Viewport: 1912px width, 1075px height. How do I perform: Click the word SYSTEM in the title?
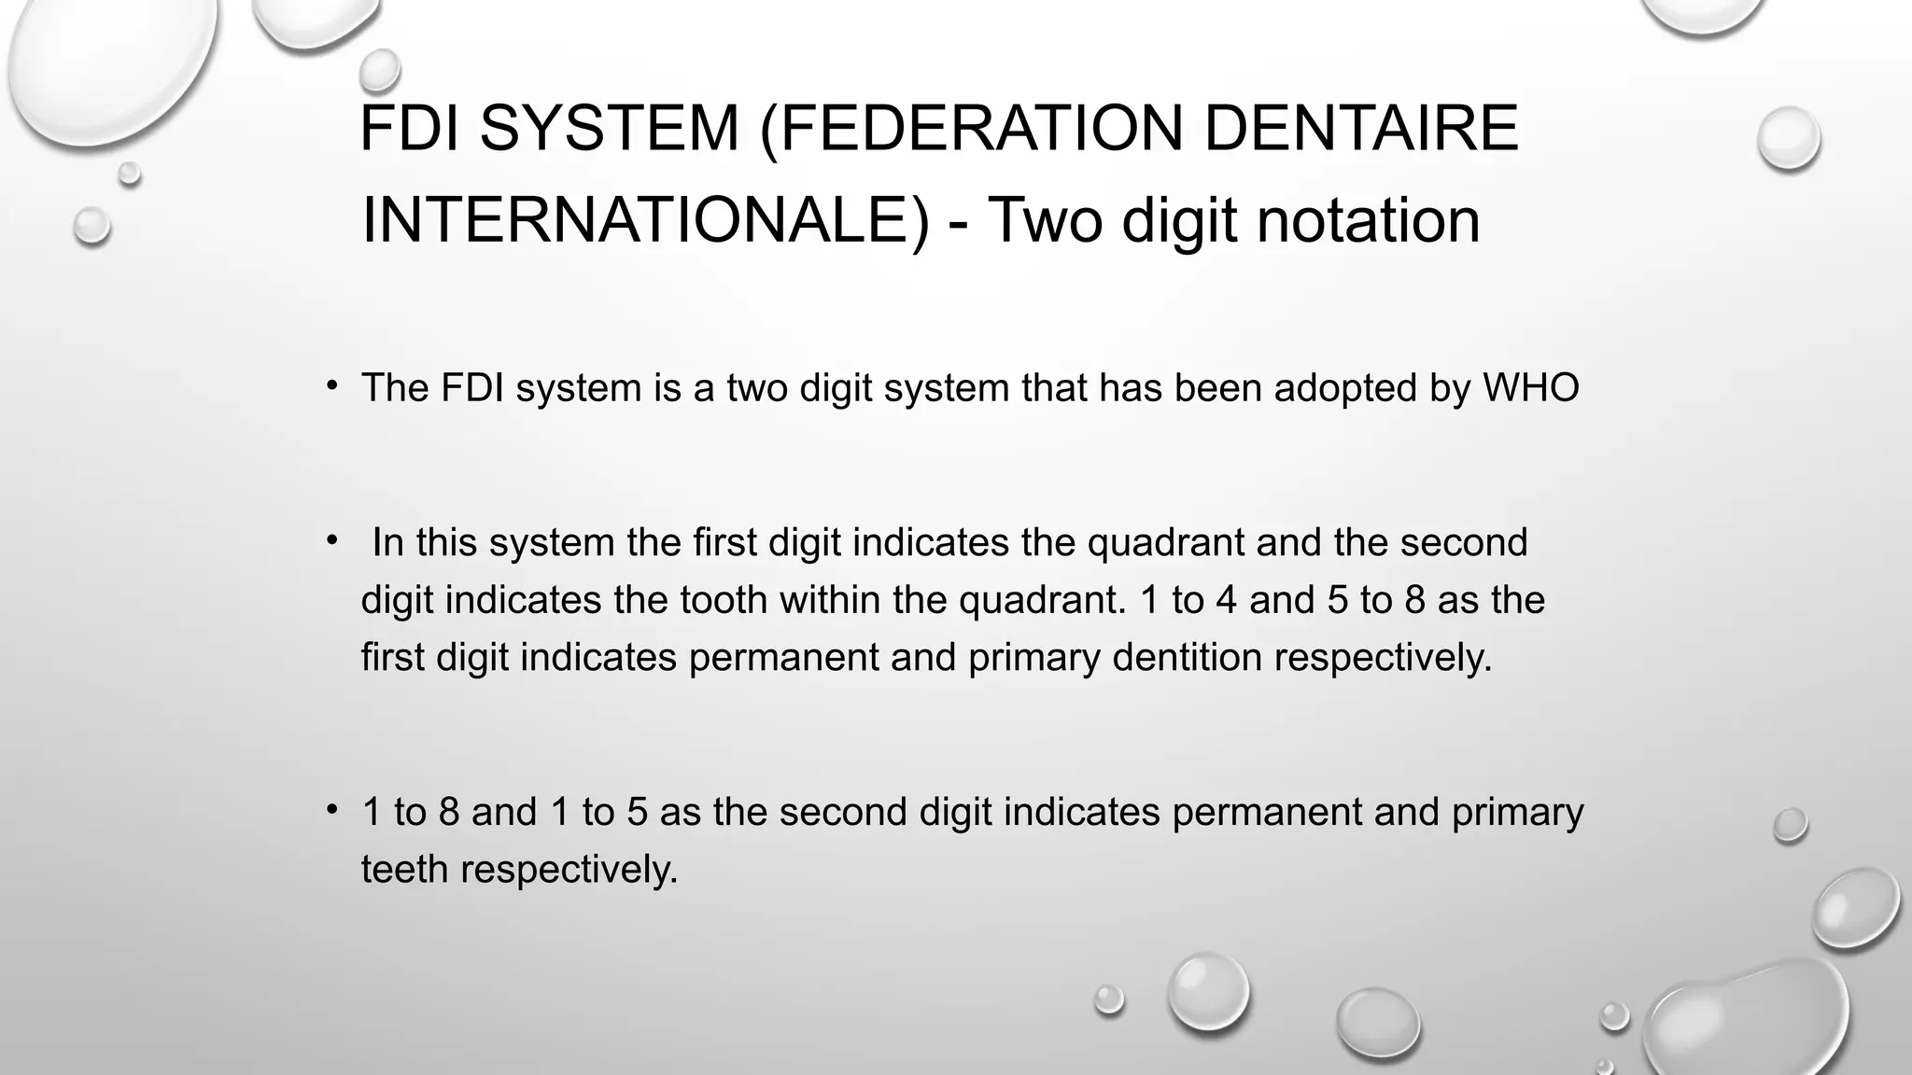pos(609,128)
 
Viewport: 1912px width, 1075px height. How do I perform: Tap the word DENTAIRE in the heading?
pos(1361,128)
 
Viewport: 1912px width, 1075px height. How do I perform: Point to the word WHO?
pos(1531,388)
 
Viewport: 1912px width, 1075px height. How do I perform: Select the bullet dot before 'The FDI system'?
pos(331,385)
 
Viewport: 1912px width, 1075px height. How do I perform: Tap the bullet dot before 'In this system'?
pos(331,539)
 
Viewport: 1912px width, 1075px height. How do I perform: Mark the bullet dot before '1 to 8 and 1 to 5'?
pos(331,809)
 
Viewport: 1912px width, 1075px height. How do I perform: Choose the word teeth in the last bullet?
pos(405,870)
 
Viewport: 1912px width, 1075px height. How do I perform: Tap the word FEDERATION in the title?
pos(980,128)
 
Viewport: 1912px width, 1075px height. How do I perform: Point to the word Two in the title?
pos(1046,220)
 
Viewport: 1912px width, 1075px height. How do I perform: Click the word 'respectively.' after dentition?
pos(1384,658)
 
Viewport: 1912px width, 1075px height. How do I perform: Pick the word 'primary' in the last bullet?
pos(1517,812)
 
